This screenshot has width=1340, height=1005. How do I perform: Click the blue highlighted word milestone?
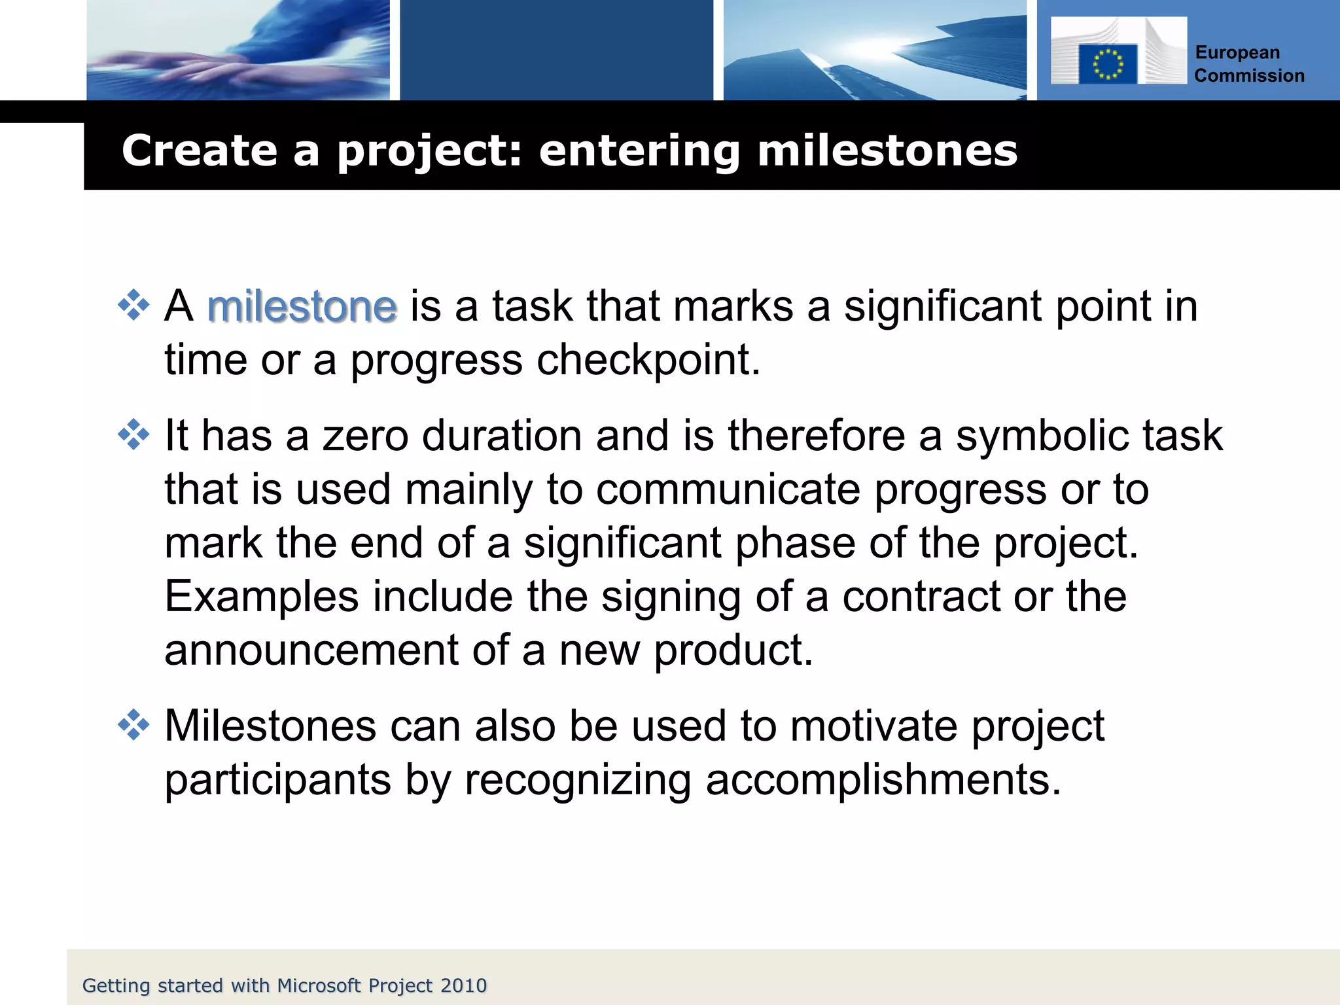(x=302, y=306)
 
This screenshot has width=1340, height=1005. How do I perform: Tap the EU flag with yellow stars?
(x=1107, y=64)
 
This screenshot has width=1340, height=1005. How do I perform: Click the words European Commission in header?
(x=1248, y=64)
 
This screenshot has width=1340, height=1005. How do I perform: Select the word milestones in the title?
(x=887, y=150)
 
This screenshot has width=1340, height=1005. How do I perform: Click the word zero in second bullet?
(x=365, y=436)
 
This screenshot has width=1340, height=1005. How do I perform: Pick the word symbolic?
(x=1042, y=436)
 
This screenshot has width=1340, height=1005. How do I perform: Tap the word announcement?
(x=311, y=650)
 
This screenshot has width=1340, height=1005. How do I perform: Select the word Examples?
(x=261, y=597)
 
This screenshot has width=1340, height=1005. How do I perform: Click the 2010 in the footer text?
(x=463, y=985)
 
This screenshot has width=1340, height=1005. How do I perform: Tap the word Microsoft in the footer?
(x=319, y=985)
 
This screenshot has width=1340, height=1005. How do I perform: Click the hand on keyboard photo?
(x=238, y=50)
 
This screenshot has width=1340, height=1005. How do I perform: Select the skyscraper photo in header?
(x=874, y=50)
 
